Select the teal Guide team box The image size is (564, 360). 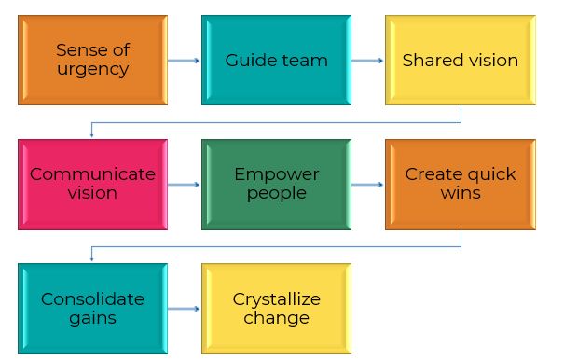[x=277, y=60]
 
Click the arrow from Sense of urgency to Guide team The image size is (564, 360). [x=185, y=61]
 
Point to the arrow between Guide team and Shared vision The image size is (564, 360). [x=368, y=61]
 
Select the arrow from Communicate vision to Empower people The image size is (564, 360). [x=185, y=185]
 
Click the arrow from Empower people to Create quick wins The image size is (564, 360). [x=368, y=185]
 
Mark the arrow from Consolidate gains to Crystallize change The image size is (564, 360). [x=185, y=309]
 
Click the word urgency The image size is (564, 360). [x=92, y=69]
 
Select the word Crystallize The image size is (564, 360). [x=277, y=298]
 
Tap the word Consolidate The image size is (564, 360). [x=92, y=298]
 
